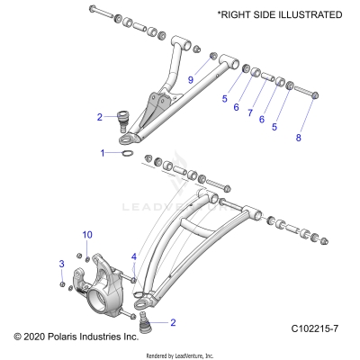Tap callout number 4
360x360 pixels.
[134, 257]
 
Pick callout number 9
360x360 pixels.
[191, 80]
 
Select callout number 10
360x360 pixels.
[87, 235]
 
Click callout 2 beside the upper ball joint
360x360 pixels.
[100, 116]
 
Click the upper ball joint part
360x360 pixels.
[122, 117]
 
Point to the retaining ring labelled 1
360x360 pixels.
[129, 155]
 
